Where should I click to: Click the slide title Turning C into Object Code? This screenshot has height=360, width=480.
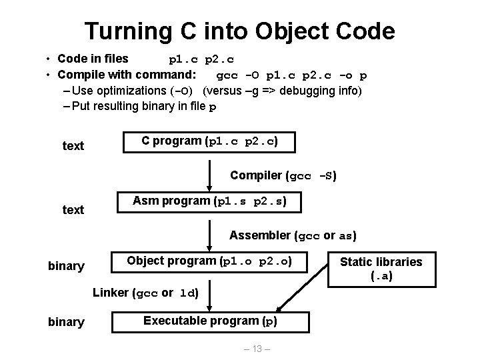click(240, 30)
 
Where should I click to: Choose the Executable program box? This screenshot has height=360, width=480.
click(210, 321)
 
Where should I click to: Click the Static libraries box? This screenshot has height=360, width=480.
click(381, 268)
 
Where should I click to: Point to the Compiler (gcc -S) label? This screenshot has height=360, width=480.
click(283, 176)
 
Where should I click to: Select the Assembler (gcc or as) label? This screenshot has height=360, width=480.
click(293, 235)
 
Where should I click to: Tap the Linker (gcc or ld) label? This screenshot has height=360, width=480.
click(146, 293)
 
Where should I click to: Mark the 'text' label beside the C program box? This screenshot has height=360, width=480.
click(73, 145)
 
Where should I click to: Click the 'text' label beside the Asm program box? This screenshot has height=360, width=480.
click(73, 210)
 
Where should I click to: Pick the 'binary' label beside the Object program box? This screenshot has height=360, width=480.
click(66, 267)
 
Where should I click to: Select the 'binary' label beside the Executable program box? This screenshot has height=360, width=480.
click(66, 323)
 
